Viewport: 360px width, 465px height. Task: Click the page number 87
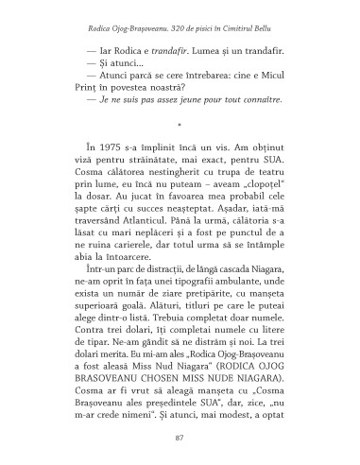(180, 439)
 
